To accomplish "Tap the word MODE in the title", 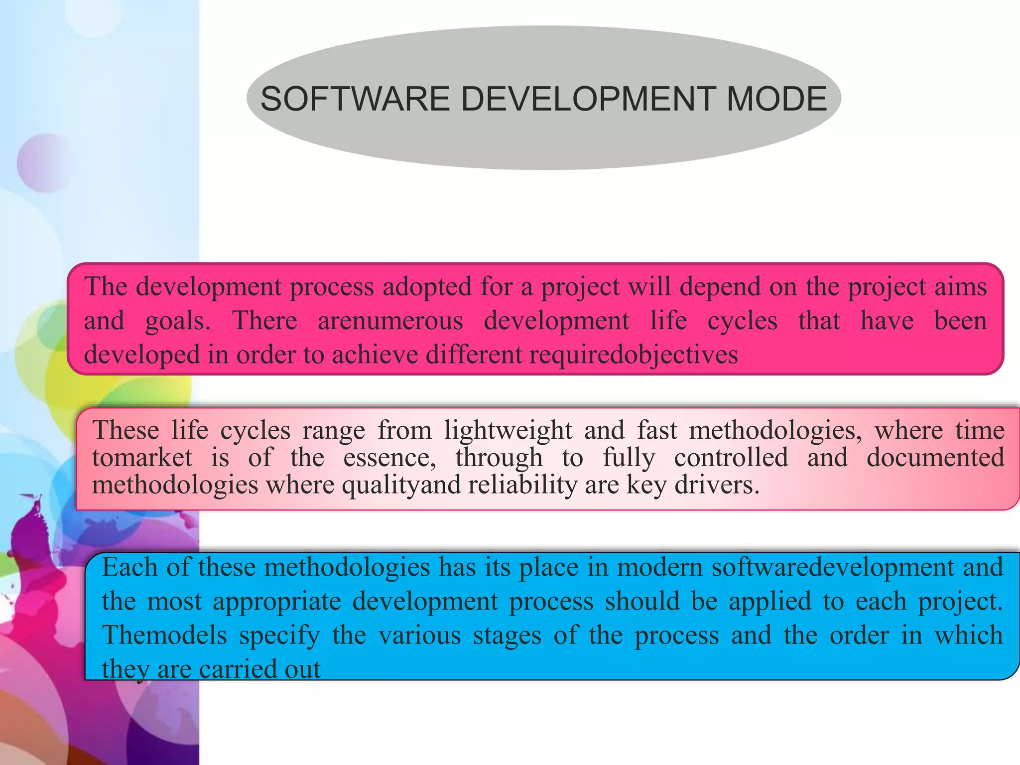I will point(776,99).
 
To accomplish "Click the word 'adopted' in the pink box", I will point(427,287).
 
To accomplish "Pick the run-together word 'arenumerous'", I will point(390,321).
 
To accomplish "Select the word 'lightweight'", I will point(508,430).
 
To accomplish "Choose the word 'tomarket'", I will point(142,457).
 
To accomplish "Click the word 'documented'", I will point(935,457).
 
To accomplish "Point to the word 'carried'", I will point(237,669).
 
